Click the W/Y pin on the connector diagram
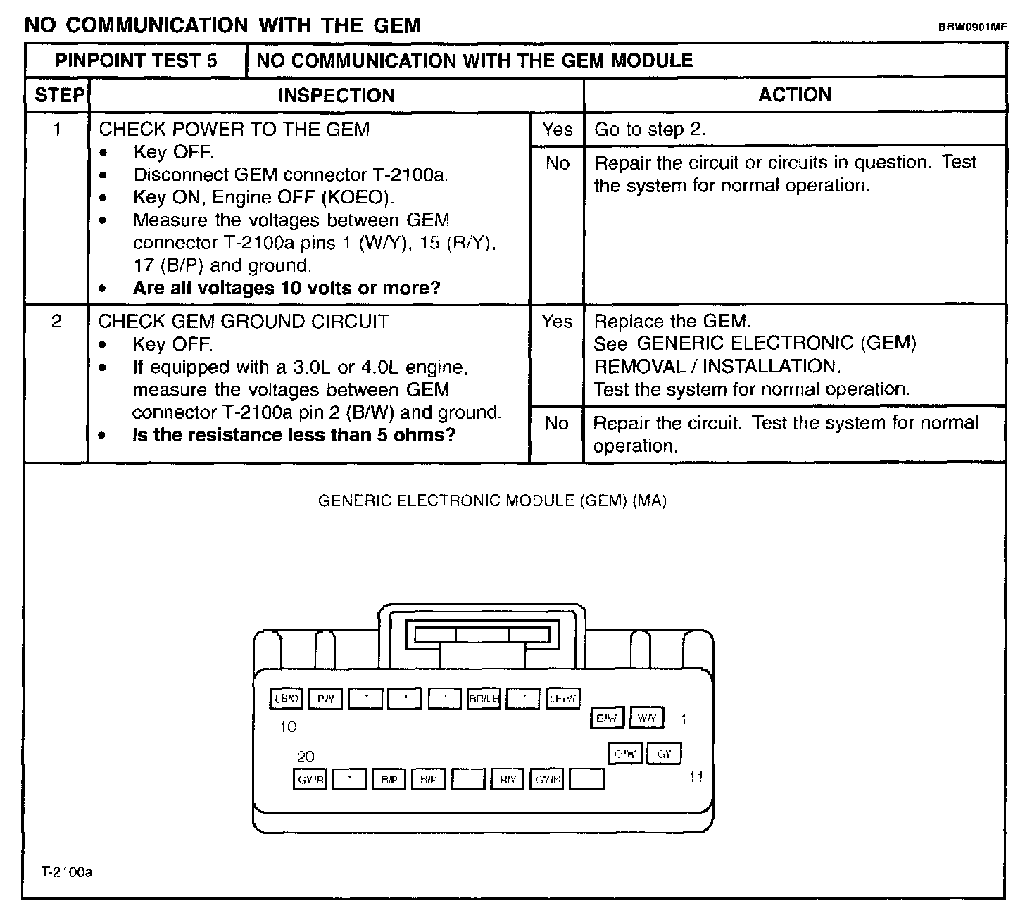pos(646,718)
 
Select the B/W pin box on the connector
pos(606,718)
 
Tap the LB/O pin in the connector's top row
pos(287,699)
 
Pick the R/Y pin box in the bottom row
pos(508,779)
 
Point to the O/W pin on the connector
pos(625,754)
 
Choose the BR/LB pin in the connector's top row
pos(484,699)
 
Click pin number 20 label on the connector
pos(306,757)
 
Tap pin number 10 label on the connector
pos(288,726)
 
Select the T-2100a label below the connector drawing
pos(67,872)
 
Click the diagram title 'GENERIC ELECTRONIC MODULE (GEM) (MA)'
pos(492,501)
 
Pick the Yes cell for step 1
pos(558,130)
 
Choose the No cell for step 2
pos(556,423)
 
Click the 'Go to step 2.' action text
pos(650,130)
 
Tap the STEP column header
pos(58,95)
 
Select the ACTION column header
pos(795,95)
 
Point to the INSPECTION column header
pos(337,95)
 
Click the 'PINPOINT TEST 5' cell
pos(136,61)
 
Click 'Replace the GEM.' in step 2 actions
pos(672,322)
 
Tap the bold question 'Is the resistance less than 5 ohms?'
pos(294,435)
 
